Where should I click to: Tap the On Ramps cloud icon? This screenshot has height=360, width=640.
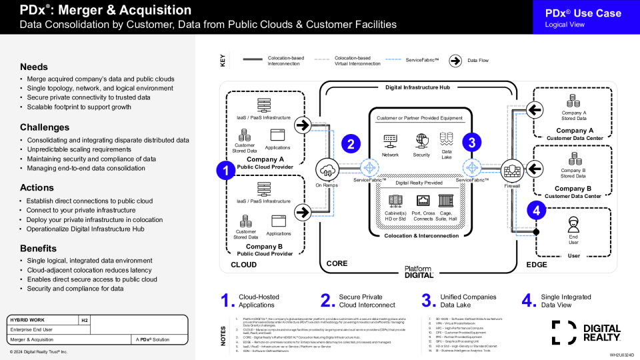[327, 168]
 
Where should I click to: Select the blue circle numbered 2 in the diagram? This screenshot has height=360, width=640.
[351, 143]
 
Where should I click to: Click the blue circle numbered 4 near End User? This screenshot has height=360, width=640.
[537, 210]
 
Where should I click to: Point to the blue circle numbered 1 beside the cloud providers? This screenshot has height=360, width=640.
[226, 171]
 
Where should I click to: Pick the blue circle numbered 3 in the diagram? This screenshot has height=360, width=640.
[472, 142]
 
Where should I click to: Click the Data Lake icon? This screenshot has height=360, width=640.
[447, 139]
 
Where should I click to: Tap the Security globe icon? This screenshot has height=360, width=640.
[421, 140]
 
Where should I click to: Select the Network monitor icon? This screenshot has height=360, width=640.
[391, 141]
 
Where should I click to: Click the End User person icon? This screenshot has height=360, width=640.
[573, 224]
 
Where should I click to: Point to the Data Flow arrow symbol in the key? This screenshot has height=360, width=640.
[455, 61]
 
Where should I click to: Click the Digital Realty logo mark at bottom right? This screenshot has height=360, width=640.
[564, 332]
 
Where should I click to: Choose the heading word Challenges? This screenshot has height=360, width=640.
[45, 127]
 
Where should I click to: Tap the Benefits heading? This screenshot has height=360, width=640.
[38, 249]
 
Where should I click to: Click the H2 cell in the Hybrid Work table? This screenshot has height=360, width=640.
[85, 320]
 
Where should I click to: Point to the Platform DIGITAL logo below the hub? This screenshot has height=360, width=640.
[419, 271]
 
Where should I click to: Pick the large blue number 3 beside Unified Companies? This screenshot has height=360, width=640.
[428, 301]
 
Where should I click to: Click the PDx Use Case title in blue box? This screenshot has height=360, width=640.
[583, 13]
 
